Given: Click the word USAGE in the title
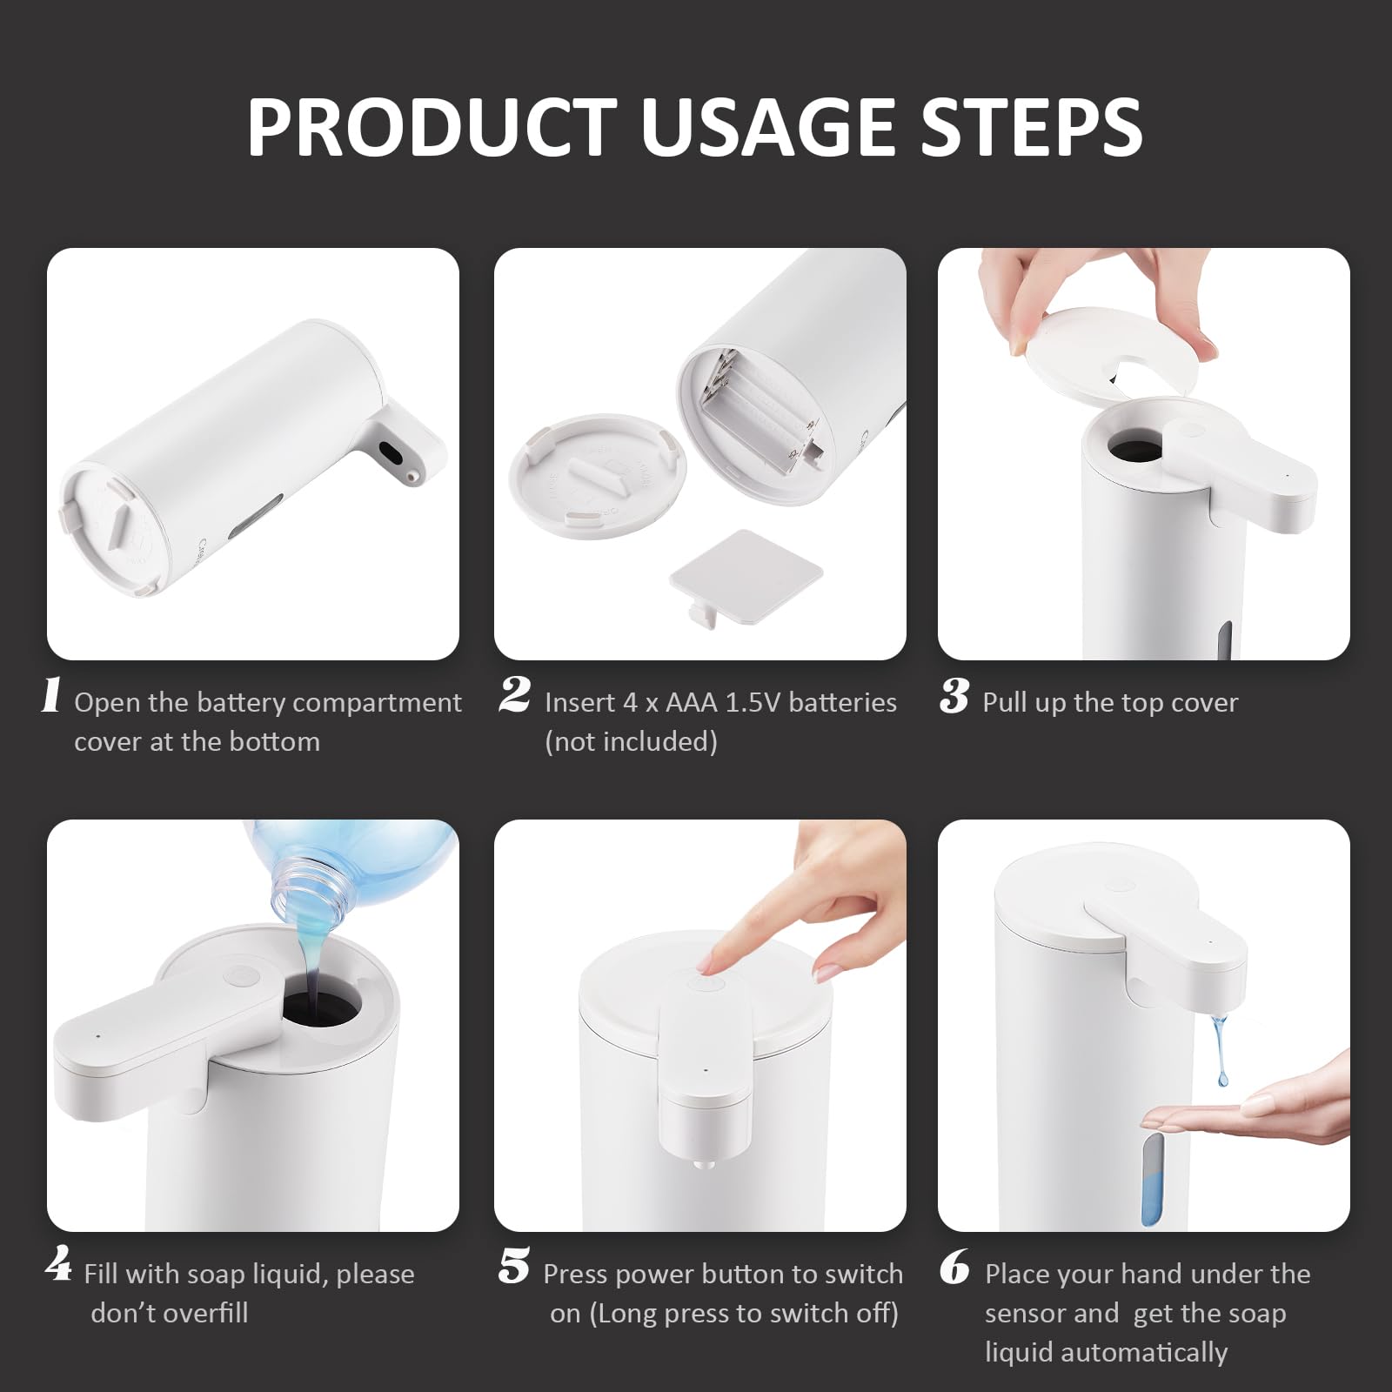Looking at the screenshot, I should (769, 127).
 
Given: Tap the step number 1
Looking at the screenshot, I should (51, 696).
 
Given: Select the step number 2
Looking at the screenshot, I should (514, 696).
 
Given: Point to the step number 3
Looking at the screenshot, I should (954, 696).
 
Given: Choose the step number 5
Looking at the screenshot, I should (514, 1266).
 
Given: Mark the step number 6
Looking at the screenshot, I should (954, 1268).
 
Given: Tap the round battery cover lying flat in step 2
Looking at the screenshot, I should (597, 471).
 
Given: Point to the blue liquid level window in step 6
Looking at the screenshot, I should (1151, 1179).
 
